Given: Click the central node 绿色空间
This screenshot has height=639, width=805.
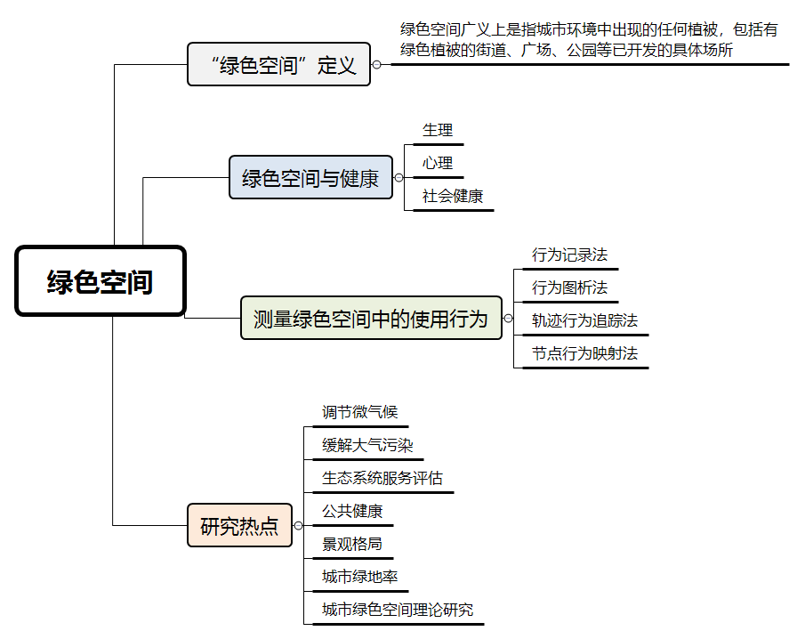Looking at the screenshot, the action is click(x=101, y=281).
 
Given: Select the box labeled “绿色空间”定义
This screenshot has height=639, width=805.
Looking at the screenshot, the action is click(x=278, y=64).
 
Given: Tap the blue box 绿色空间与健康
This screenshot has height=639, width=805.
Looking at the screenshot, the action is click(x=310, y=177).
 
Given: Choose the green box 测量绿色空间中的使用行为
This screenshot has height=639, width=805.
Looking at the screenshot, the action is click(x=371, y=318).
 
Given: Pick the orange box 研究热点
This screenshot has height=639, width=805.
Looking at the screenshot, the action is click(x=240, y=525).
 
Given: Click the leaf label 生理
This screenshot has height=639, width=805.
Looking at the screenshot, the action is click(x=438, y=130).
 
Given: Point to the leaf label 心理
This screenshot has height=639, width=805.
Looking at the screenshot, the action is click(x=438, y=163).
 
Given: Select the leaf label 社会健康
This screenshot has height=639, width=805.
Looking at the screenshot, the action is click(x=453, y=196).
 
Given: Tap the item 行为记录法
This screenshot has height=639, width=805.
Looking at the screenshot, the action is click(x=570, y=255).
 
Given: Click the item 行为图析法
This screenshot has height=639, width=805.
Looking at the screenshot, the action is click(x=570, y=287).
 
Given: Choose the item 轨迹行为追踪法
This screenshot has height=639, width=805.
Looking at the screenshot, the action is click(x=584, y=320).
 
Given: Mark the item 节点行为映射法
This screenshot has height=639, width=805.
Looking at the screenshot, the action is click(x=584, y=353).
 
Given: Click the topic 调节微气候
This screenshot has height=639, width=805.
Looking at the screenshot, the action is click(x=360, y=412).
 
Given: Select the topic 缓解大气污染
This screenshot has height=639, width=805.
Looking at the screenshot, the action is click(x=367, y=445).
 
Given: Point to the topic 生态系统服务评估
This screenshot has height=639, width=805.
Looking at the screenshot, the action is click(x=382, y=478).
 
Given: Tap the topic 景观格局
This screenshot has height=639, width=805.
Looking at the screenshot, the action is click(x=352, y=544).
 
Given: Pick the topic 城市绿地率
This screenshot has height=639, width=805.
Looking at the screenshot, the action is click(x=360, y=577).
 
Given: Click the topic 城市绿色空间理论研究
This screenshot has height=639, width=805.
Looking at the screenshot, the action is click(x=398, y=610).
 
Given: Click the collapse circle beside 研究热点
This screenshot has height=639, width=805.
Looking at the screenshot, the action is click(x=298, y=525).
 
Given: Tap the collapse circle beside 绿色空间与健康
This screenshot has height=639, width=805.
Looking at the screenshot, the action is click(x=398, y=178).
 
